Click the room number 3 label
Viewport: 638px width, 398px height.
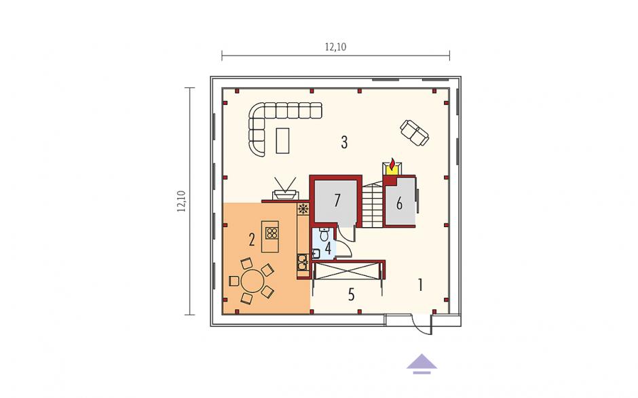[344, 142]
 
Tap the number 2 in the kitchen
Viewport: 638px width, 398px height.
[252, 240]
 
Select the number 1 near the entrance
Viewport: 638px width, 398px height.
[420, 285]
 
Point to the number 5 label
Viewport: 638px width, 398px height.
[352, 294]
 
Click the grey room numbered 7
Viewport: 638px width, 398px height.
[337, 201]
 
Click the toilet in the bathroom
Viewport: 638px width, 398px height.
[324, 235]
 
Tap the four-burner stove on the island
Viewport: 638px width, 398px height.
[272, 233]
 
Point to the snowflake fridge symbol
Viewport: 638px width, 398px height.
[303, 209]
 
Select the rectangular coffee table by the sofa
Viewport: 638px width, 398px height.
[282, 140]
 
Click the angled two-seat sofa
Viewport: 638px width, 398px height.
[415, 132]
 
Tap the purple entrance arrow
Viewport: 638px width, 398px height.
[422, 364]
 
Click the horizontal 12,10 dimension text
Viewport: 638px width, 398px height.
[335, 47]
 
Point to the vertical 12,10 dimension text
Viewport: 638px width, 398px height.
[181, 201]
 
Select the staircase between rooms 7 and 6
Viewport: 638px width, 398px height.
[373, 205]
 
